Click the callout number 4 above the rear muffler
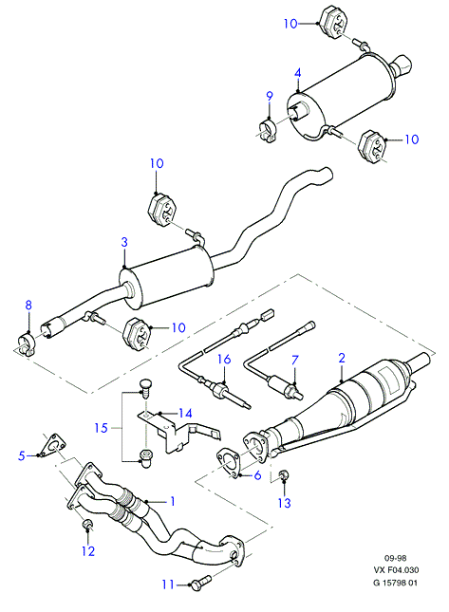point(298,73)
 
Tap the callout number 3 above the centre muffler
point(124,242)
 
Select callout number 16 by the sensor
point(224,359)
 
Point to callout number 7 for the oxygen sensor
point(295,360)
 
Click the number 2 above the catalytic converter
point(342,358)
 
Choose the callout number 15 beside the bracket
point(102,428)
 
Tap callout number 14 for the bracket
point(185,413)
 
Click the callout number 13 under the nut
point(285,503)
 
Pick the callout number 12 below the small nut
point(88,551)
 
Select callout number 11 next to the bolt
point(168,584)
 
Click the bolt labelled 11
point(201,582)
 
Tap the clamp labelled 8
point(28,344)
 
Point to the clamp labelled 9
point(268,131)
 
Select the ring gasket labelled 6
point(229,463)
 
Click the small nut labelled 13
point(283,475)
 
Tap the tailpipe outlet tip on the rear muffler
point(402,65)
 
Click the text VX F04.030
point(396,570)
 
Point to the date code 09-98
point(396,559)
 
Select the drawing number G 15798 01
point(396,583)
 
